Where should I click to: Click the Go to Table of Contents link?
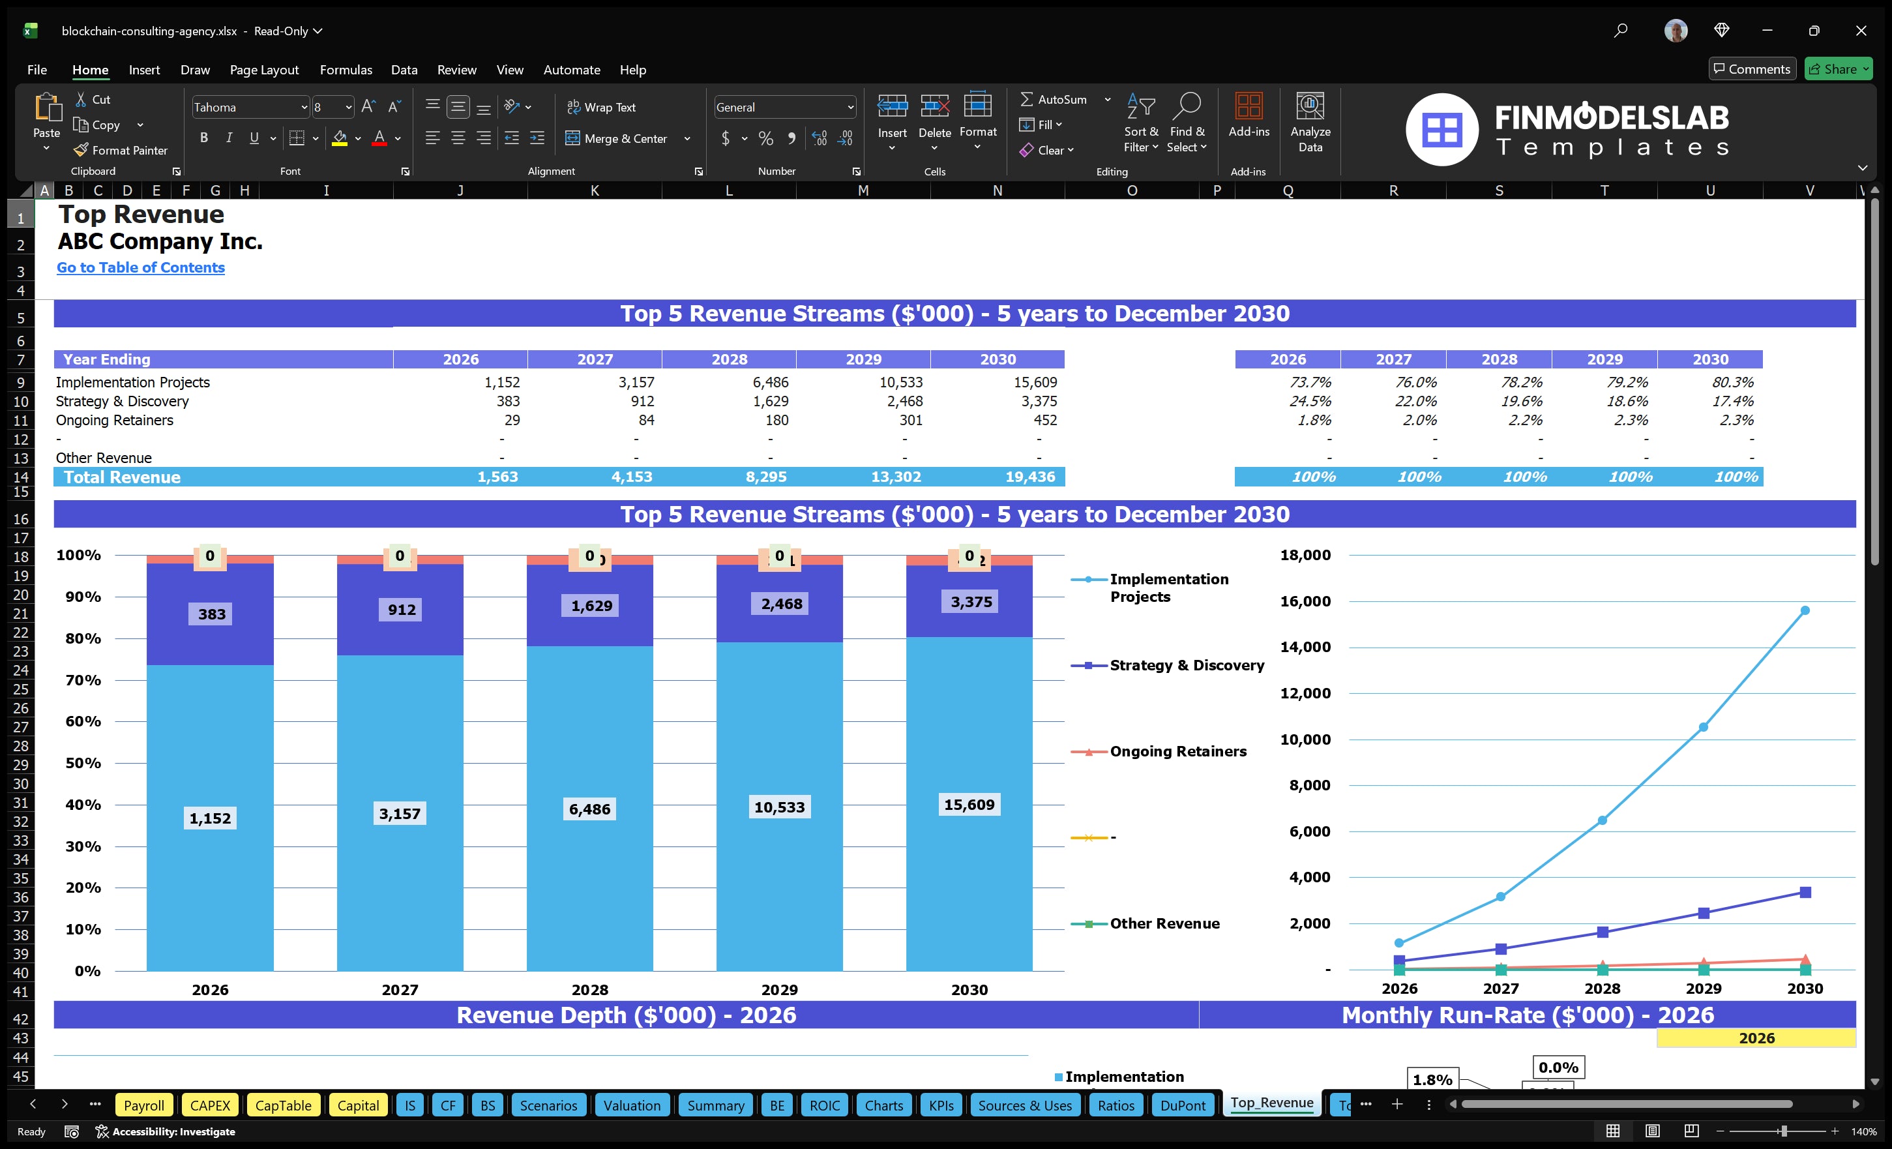pyautogui.click(x=141, y=267)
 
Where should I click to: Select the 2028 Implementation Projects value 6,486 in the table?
pyautogui.click(x=770, y=381)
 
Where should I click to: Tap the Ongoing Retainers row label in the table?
pyautogui.click(x=114, y=420)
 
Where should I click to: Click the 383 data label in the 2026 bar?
pyautogui.click(x=212, y=614)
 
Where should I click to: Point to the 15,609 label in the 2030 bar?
pyautogui.click(x=969, y=804)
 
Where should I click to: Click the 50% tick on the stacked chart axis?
pyautogui.click(x=82, y=763)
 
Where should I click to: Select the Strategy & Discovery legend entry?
pyautogui.click(x=1187, y=665)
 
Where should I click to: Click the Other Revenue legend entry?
pyautogui.click(x=1164, y=923)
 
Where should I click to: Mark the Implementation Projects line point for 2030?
pyautogui.click(x=1805, y=610)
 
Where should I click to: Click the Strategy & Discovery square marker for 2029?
pyautogui.click(x=1703, y=913)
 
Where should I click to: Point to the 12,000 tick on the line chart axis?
pyautogui.click(x=1305, y=693)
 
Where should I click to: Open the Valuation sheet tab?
pyautogui.click(x=631, y=1105)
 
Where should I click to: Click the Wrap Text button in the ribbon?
pyautogui.click(x=601, y=108)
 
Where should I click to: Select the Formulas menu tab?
pyautogui.click(x=346, y=70)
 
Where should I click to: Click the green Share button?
pyautogui.click(x=1837, y=69)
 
